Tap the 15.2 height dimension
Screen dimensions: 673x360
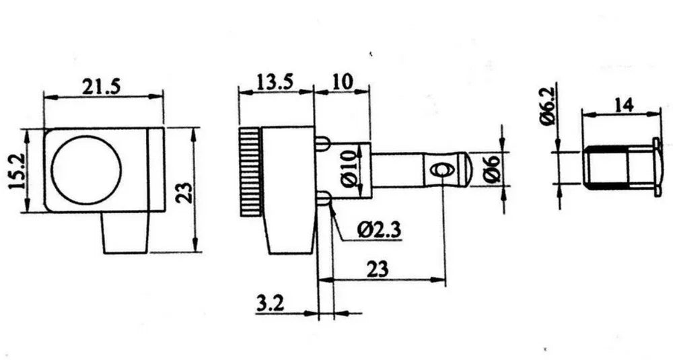point(17,172)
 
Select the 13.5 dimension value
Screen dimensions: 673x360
point(275,81)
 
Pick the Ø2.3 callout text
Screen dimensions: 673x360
point(379,231)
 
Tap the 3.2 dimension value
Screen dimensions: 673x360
point(271,304)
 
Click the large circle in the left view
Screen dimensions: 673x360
point(86,170)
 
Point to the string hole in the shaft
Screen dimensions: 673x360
point(441,170)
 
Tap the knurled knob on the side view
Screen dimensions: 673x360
point(250,172)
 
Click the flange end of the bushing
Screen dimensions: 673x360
point(657,168)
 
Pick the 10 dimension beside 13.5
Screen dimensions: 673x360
point(342,81)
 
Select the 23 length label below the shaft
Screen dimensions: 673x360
point(378,269)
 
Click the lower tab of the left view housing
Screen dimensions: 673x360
point(125,233)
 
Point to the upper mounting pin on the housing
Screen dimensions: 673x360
point(322,143)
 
